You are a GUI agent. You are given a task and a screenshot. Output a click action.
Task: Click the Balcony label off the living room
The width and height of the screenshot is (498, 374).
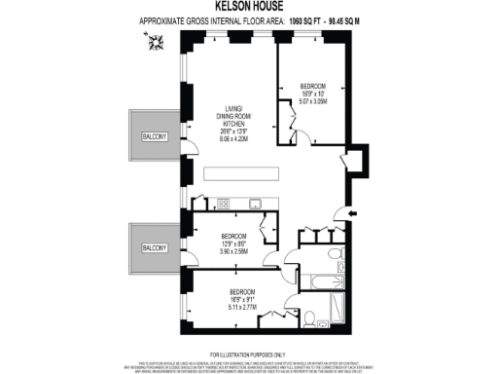[154, 137]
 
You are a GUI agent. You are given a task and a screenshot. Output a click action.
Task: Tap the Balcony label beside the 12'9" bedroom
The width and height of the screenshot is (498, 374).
[154, 248]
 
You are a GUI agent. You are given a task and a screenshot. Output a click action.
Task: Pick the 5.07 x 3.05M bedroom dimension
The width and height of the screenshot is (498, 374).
[312, 100]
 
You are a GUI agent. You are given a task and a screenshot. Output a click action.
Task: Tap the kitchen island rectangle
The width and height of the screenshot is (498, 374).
[255, 176]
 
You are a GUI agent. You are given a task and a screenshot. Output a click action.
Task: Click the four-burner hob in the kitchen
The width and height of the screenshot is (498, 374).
[223, 204]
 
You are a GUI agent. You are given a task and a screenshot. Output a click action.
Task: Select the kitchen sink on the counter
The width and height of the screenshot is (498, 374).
[255, 204]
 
